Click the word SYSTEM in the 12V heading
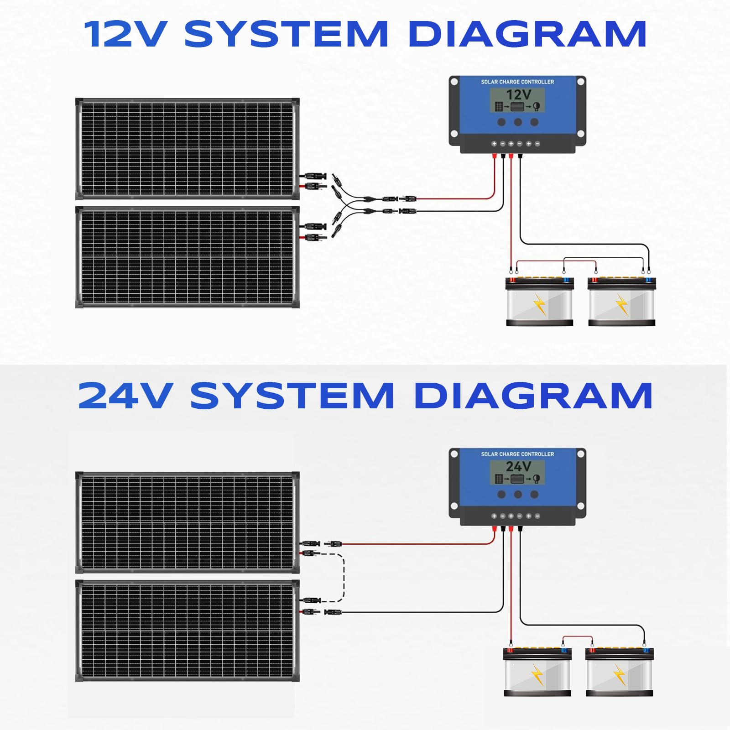click(x=286, y=34)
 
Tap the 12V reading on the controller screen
click(x=519, y=95)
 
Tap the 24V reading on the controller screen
click(x=518, y=467)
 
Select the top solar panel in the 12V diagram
click(x=187, y=149)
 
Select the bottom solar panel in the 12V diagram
click(x=187, y=257)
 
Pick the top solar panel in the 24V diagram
click(x=187, y=522)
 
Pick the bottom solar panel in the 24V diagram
click(x=187, y=631)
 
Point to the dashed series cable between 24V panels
click(x=344, y=577)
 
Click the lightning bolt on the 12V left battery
click(x=540, y=305)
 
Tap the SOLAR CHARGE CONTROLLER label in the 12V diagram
click(x=517, y=82)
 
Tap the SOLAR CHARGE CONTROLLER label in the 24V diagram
click(x=517, y=454)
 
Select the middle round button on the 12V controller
click(x=518, y=122)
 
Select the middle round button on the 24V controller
click(x=518, y=494)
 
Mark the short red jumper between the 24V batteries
click(x=577, y=637)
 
